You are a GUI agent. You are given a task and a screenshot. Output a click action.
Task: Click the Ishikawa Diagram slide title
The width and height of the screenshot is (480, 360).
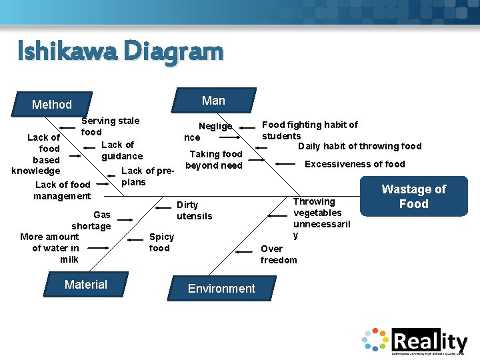coord(120,51)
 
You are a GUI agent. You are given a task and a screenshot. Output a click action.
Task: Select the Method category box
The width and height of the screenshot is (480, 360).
coord(52,104)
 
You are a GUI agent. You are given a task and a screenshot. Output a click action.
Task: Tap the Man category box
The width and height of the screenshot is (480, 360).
coord(213,101)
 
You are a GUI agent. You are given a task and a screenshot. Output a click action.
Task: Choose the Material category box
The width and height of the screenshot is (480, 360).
coord(85,285)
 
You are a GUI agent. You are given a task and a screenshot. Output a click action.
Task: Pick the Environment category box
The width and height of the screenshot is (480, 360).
coord(221,288)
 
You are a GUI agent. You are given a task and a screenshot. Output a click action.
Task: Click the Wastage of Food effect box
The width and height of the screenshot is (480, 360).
coord(413,196)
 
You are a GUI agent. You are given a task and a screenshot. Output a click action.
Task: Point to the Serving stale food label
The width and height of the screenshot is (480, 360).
coord(110,126)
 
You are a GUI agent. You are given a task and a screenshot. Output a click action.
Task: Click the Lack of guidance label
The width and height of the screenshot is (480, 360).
coord(121,150)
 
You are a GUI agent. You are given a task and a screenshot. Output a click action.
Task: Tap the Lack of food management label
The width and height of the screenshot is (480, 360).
coord(62,190)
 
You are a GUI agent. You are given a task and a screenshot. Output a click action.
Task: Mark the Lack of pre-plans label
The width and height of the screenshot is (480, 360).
coord(147,177)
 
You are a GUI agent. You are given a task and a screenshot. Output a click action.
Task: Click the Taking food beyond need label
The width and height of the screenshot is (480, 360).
coord(215,159)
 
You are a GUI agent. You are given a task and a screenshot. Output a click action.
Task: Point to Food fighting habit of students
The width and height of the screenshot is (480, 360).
coord(309,130)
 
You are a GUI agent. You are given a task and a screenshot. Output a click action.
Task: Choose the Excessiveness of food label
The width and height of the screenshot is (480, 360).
coord(355,164)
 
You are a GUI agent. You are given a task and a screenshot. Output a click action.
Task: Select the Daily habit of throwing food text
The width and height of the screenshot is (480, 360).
coord(359,146)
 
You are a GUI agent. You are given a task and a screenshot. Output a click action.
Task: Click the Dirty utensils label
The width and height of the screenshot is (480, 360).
coord(194,210)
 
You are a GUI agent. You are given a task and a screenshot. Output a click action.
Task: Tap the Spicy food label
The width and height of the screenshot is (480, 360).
coord(161,242)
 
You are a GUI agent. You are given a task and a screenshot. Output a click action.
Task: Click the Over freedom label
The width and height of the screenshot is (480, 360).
coord(278,254)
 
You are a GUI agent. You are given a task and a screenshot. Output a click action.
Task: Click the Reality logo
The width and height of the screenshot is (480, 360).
coord(415,341)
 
